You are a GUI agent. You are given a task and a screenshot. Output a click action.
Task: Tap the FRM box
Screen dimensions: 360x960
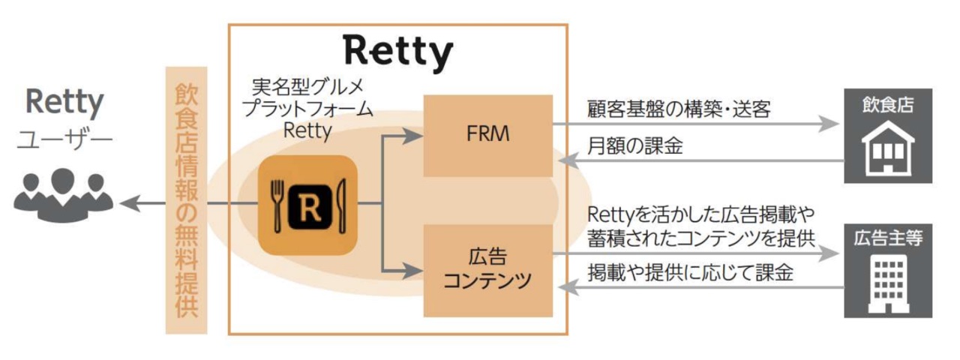point(488,136)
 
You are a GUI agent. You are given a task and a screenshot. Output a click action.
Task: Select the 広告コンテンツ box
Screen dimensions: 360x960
point(488,269)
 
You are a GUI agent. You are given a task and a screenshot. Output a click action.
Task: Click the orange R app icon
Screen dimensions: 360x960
point(305,204)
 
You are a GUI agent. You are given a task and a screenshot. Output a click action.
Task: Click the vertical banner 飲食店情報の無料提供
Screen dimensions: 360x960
point(186,201)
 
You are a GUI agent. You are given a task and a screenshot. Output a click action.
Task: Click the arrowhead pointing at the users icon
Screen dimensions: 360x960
point(127,202)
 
